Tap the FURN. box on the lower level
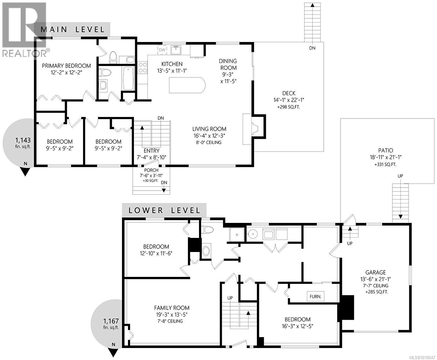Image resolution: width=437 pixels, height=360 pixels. point(315,297)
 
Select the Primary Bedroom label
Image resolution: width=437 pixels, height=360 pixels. point(66,66)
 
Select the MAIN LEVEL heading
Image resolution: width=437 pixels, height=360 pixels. point(73,29)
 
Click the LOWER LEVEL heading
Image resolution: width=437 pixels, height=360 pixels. point(164,210)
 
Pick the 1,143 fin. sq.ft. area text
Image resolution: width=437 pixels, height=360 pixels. point(23,143)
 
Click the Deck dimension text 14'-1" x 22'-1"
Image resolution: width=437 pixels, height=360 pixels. point(289,100)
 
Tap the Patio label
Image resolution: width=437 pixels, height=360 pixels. point(385,151)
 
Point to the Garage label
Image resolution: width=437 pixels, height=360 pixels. point(377,272)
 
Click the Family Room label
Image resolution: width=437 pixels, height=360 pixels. point(172,308)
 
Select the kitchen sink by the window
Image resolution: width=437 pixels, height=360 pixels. point(176,50)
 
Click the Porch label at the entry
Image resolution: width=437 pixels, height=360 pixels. point(151,170)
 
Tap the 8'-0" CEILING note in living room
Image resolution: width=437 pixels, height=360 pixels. point(209,142)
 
